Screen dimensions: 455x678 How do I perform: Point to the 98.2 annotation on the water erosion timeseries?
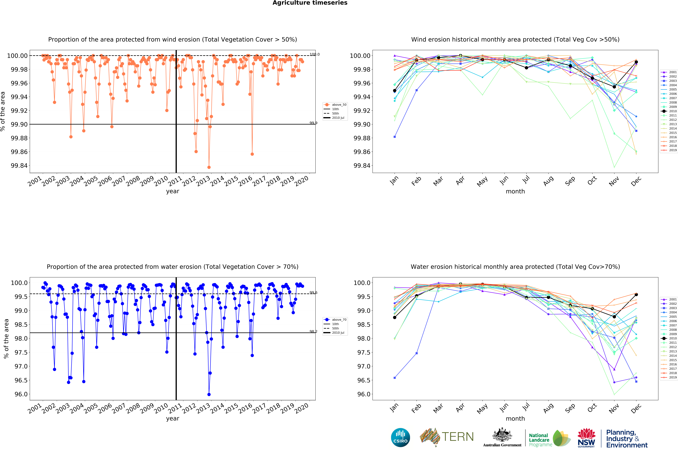(x=313, y=331)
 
